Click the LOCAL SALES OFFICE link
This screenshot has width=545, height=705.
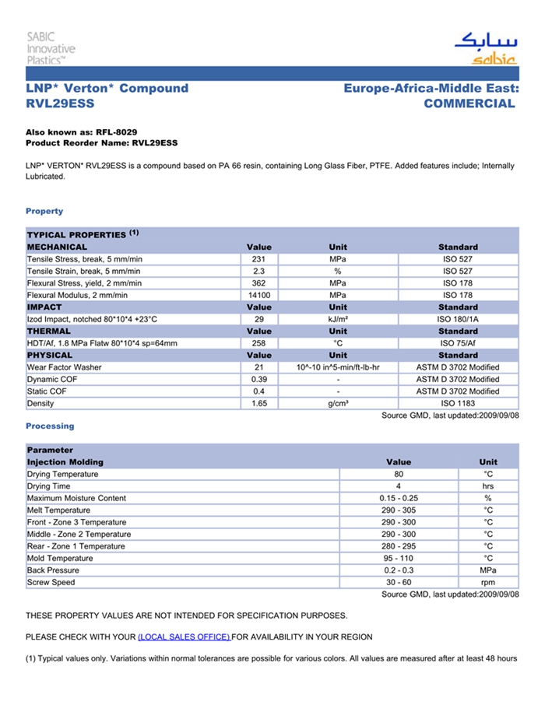[184, 637]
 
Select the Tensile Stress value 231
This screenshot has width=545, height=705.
[259, 259]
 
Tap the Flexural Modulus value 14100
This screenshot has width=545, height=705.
[259, 296]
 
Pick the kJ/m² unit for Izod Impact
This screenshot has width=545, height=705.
[338, 320]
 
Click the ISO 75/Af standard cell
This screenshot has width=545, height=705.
[458, 344]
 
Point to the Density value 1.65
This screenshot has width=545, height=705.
[259, 404]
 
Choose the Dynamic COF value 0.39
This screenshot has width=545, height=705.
[259, 380]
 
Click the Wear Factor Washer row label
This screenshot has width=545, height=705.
[65, 367]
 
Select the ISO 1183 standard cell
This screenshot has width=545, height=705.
[458, 404]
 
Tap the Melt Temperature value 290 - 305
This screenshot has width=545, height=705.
[399, 510]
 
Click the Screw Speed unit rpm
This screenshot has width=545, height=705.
[488, 583]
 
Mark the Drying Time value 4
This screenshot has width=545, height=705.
[399, 486]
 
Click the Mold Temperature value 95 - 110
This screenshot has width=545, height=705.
[399, 559]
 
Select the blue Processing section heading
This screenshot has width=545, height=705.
[50, 426]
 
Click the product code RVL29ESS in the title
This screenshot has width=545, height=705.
[60, 103]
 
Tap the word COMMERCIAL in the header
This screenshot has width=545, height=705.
[469, 103]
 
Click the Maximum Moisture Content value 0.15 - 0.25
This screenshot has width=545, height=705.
[399, 499]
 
